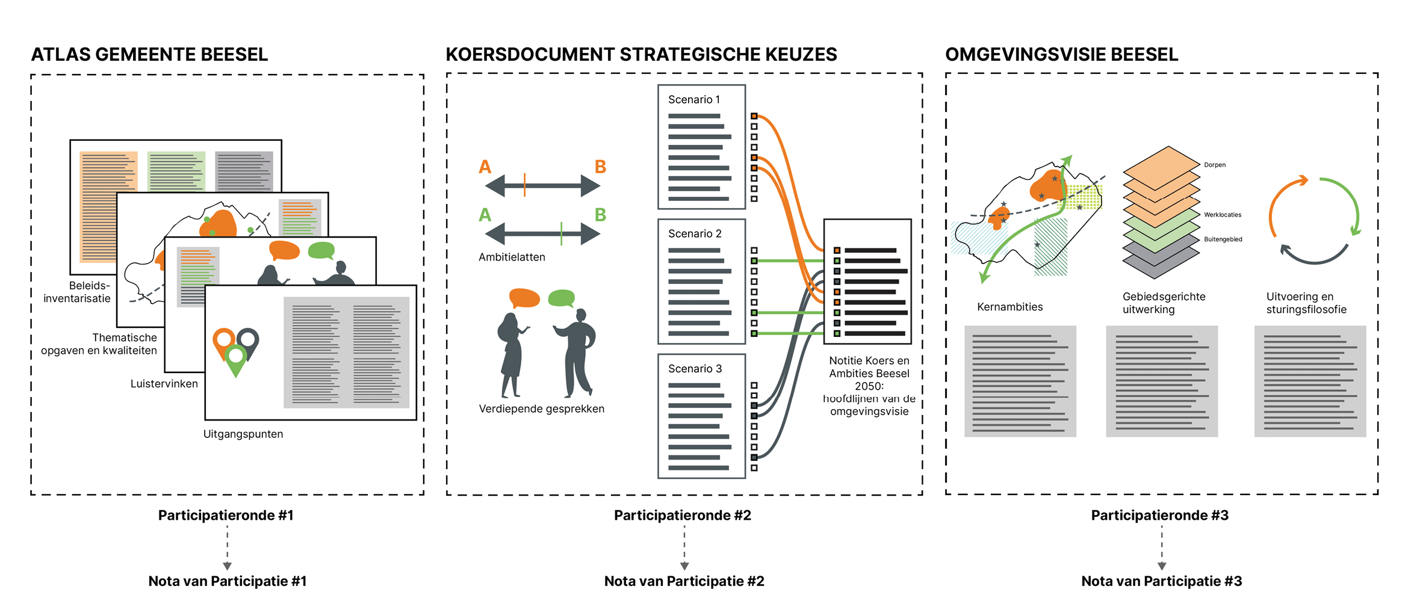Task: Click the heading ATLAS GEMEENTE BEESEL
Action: [149, 55]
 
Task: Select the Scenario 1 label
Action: [694, 100]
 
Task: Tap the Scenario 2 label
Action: [695, 234]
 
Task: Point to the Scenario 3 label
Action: [695, 369]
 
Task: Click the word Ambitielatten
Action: [512, 257]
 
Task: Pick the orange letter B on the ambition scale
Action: [600, 167]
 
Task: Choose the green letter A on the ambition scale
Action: [485, 215]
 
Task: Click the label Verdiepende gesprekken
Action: [541, 409]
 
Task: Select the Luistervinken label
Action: [164, 384]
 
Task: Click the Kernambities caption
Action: [1009, 307]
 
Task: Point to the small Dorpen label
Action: [1215, 165]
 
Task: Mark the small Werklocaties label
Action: [1223, 215]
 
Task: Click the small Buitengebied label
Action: [1223, 239]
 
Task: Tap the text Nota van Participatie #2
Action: [684, 581]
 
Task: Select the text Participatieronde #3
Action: [1159, 516]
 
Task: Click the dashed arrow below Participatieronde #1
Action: [227, 547]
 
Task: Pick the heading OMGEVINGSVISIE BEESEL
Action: [1061, 55]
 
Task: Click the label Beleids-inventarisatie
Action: [77, 292]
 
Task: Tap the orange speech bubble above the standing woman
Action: [524, 298]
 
